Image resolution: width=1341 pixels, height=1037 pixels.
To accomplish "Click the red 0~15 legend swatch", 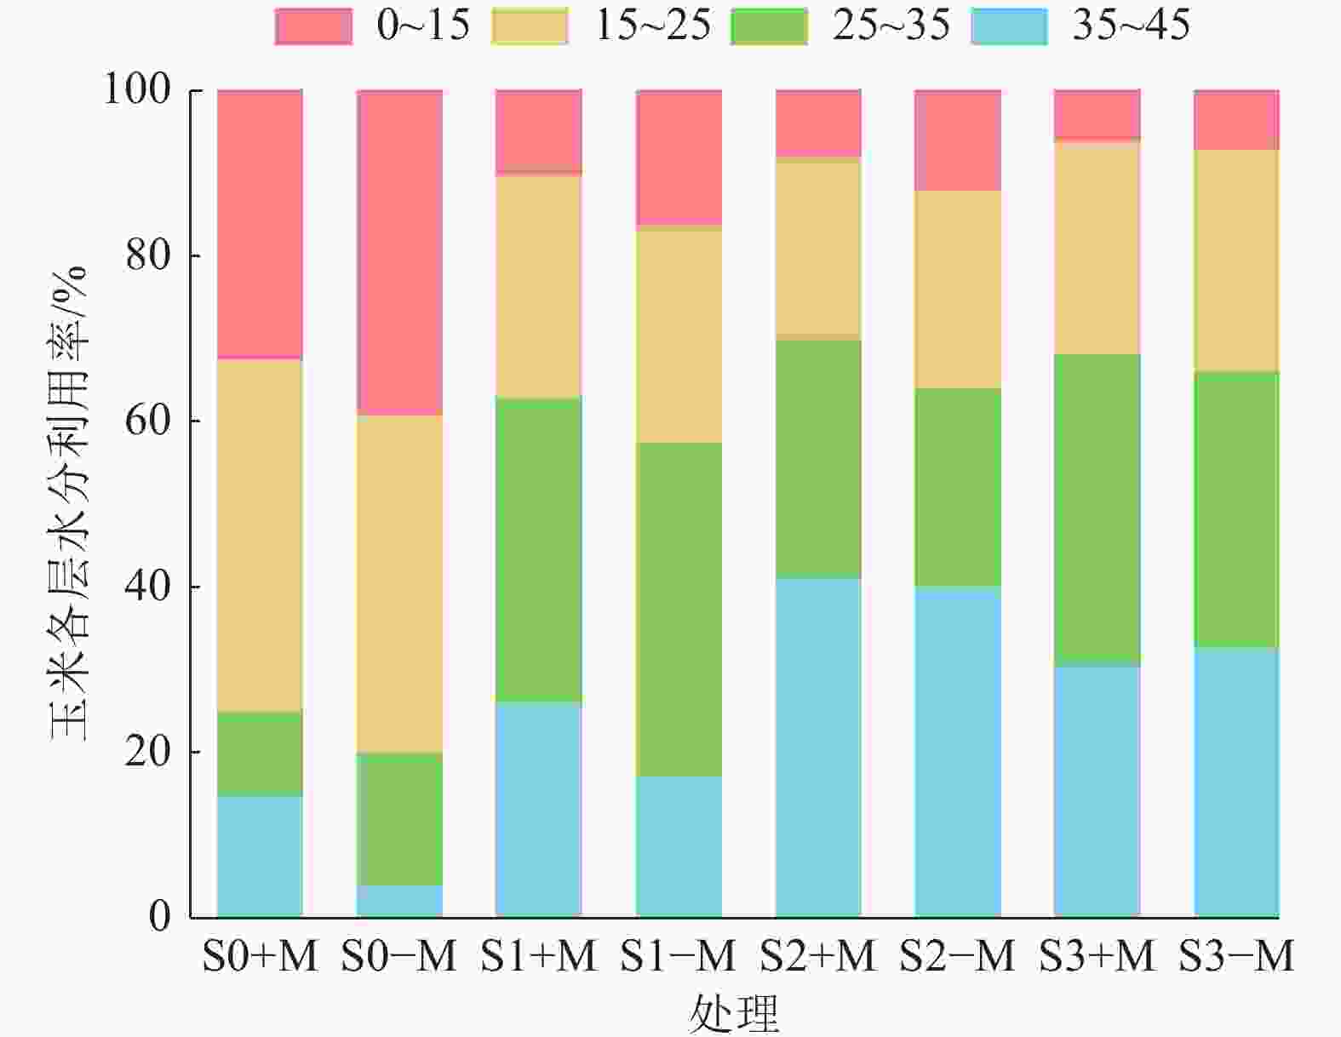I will click(x=313, y=26).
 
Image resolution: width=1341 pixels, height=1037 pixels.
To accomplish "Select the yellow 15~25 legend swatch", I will click(x=530, y=26).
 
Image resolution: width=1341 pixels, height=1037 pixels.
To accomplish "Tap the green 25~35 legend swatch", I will click(x=769, y=26).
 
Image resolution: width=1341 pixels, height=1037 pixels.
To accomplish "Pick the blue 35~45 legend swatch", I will click(x=1009, y=26).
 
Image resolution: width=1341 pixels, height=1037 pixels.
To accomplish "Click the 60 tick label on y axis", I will click(x=147, y=421).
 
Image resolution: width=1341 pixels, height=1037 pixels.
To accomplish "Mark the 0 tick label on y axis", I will click(x=159, y=917).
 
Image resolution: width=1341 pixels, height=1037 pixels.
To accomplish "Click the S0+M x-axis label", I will click(x=260, y=956).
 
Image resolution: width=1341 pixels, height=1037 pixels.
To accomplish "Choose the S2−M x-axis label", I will click(x=958, y=956).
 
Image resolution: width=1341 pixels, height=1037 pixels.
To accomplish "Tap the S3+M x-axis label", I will click(x=1097, y=956).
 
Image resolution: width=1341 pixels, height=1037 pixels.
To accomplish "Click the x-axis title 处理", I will click(x=734, y=1013).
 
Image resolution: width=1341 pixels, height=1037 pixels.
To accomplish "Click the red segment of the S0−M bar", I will click(x=399, y=252).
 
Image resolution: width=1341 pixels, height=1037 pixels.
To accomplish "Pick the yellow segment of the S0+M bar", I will click(x=260, y=535).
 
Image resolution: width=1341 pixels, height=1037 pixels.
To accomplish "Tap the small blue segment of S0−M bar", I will click(x=399, y=901).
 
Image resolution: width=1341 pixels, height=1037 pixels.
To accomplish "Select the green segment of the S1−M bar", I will click(x=679, y=609).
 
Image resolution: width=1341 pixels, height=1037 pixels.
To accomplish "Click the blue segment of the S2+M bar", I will click(x=818, y=748).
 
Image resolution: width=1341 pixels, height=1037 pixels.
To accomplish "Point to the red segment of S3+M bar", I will click(x=1097, y=113).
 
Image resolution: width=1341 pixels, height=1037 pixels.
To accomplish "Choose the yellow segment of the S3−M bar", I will click(x=1236, y=261).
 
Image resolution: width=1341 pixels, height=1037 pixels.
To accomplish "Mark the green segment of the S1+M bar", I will click(x=539, y=549).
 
